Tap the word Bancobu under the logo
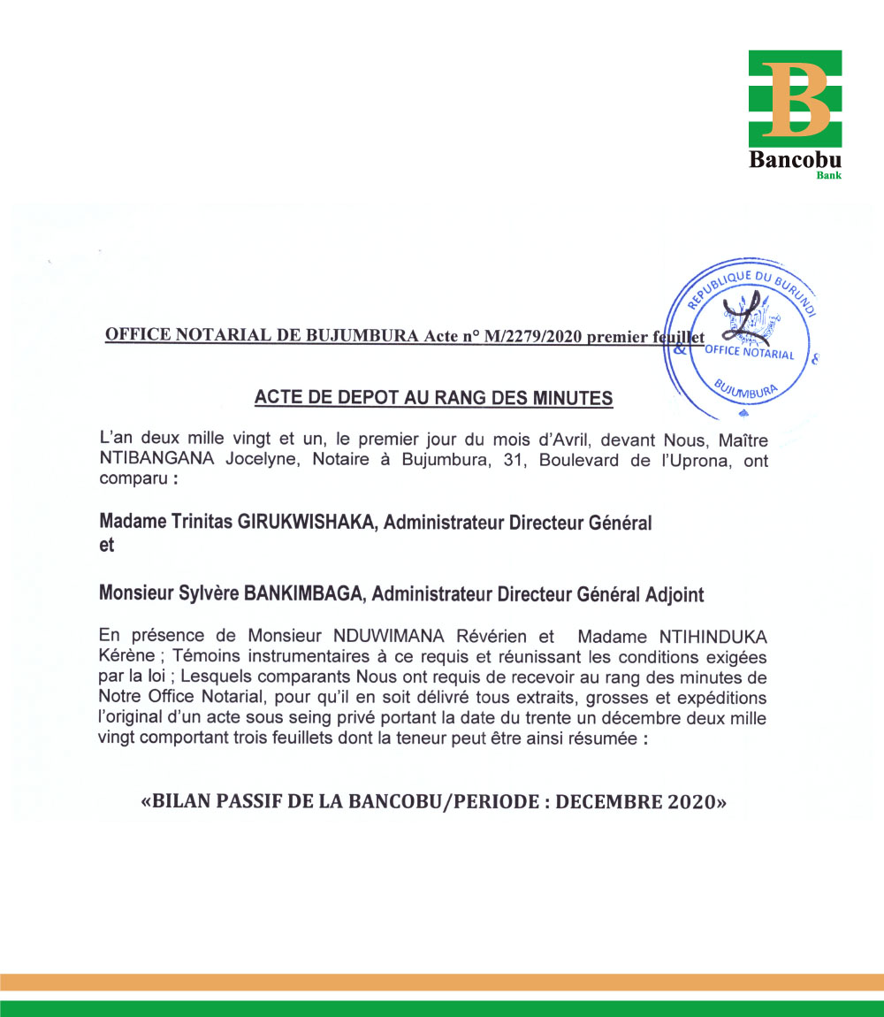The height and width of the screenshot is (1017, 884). point(795,161)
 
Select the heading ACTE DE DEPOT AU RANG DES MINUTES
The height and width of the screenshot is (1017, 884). point(433,398)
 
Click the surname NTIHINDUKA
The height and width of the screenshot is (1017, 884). point(715,636)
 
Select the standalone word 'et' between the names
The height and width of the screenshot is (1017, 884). point(107,546)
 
